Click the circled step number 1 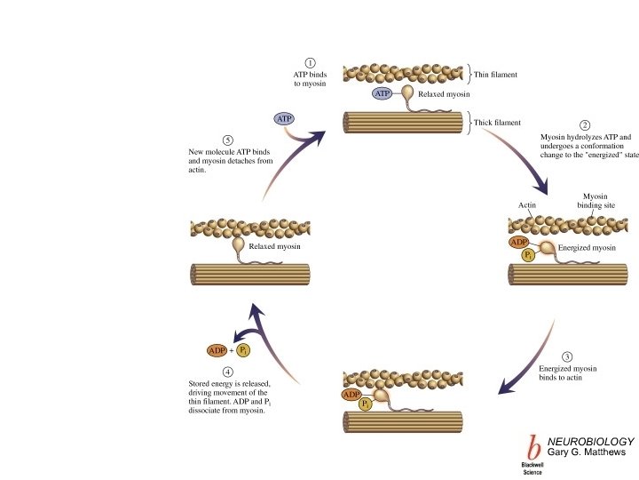pos(310,63)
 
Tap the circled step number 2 pos(584,125)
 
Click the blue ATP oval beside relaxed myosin pos(383,92)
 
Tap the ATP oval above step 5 pos(284,118)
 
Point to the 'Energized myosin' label pos(587,248)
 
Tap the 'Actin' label pos(527,205)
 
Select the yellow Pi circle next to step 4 pos(241,351)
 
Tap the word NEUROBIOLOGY pos(590,441)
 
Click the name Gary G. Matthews pos(589,453)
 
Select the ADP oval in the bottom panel pos(352,394)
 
